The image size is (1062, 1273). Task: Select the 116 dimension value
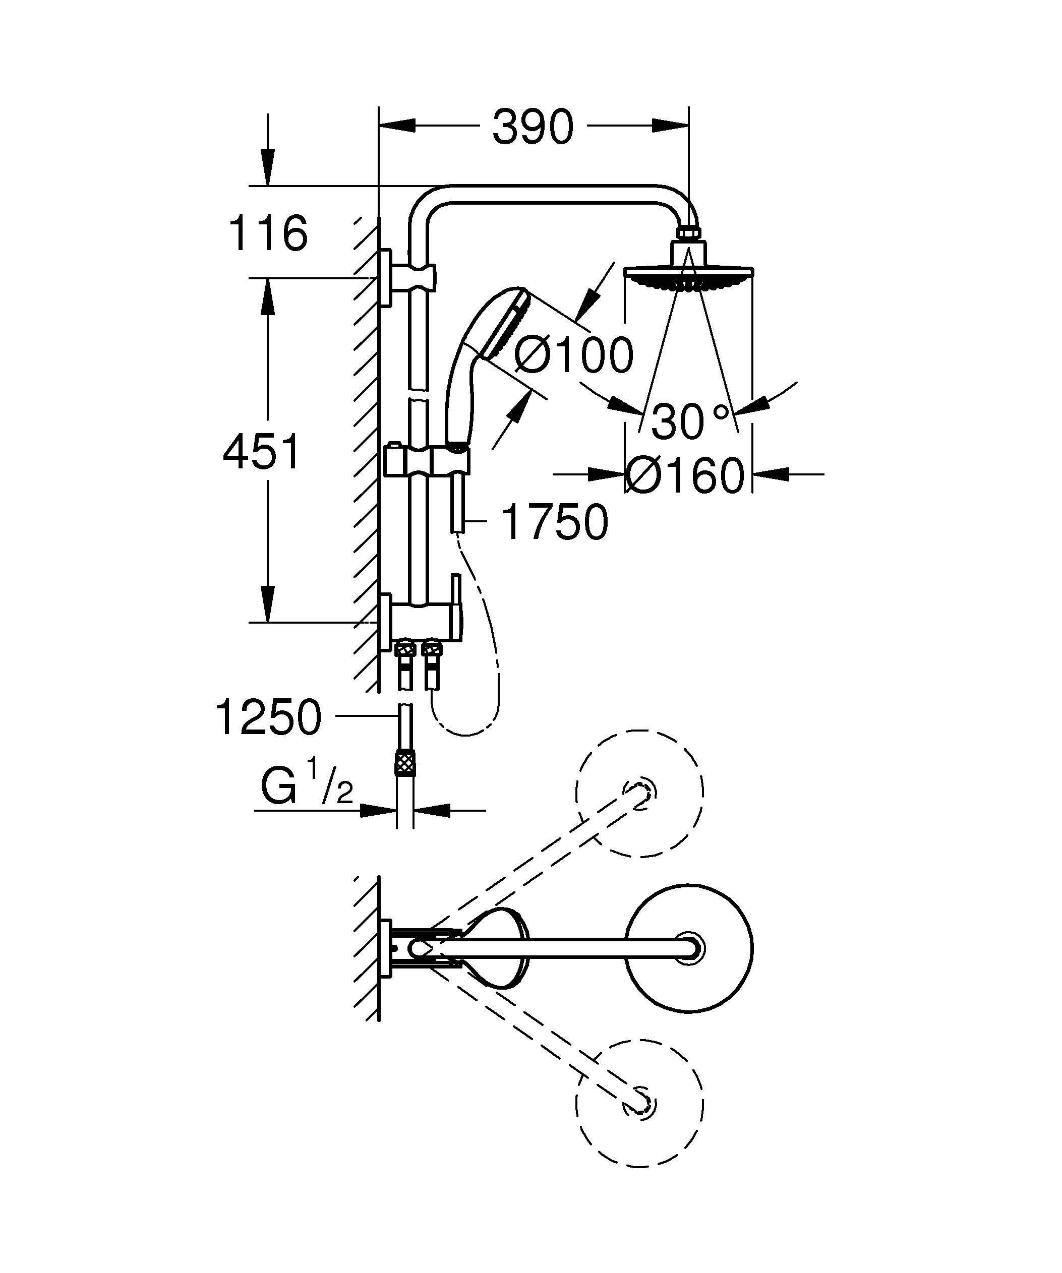click(267, 233)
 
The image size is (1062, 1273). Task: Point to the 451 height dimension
click(261, 452)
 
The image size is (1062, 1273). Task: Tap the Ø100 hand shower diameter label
click(573, 355)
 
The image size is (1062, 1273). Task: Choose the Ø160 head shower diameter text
click(684, 476)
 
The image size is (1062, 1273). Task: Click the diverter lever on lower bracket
click(456, 606)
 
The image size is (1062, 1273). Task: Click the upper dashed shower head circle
click(640, 793)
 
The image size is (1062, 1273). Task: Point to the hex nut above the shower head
click(689, 233)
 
